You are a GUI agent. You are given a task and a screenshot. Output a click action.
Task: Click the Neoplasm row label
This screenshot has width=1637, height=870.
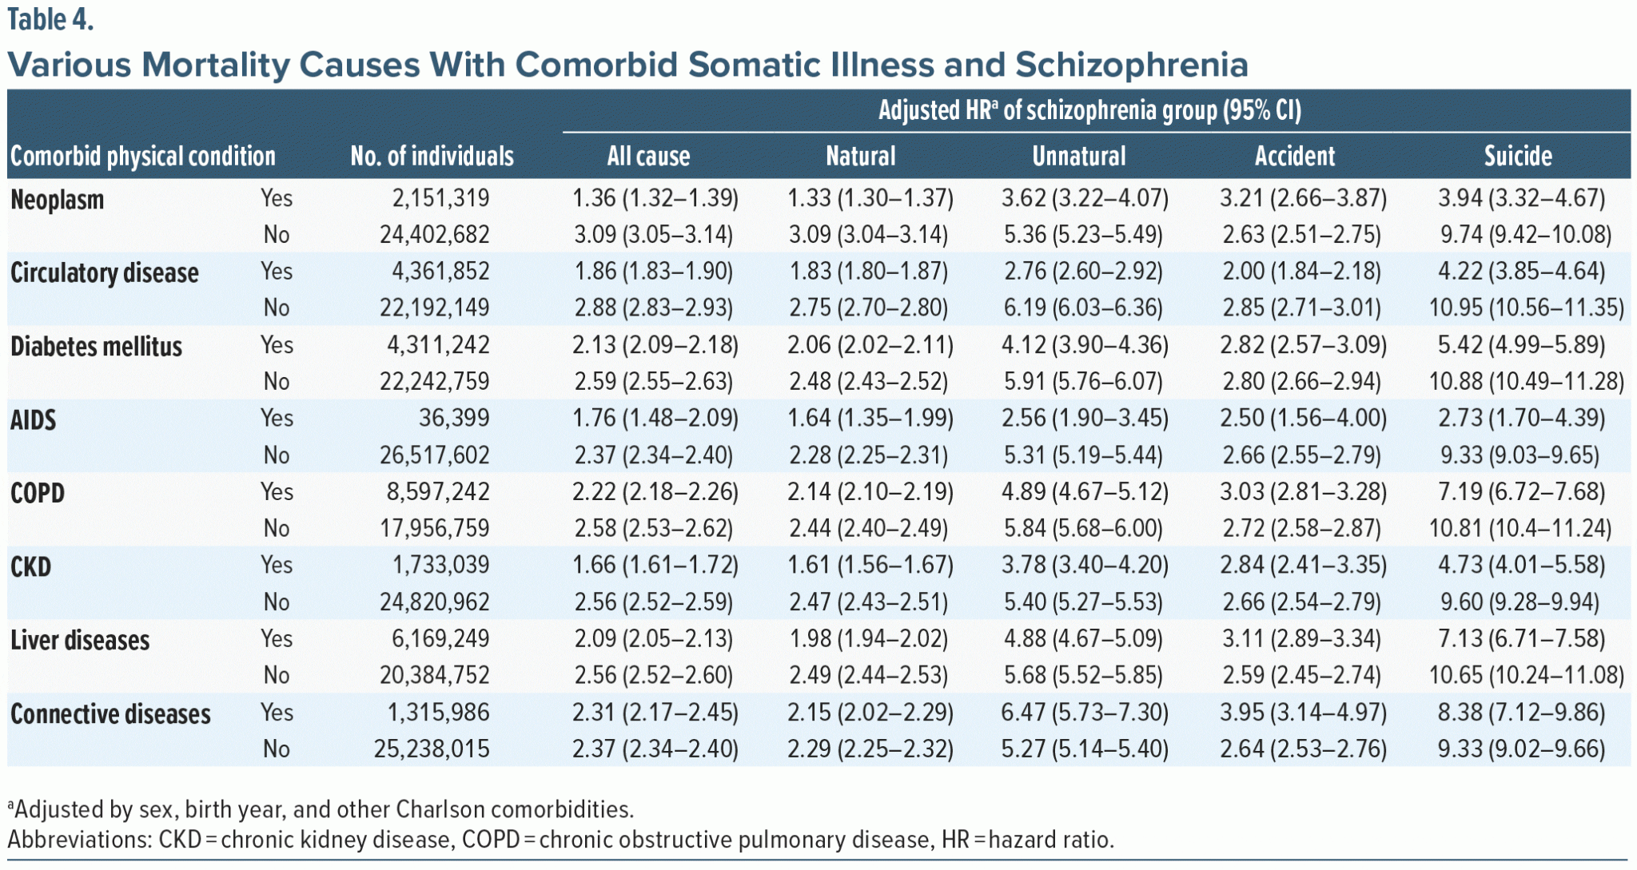58,200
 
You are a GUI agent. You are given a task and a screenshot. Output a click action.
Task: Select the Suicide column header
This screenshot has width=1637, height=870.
1518,156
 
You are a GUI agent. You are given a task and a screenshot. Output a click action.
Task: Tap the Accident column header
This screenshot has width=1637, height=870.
1294,156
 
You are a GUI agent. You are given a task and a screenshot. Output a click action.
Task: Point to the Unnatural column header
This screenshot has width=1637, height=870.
1078,156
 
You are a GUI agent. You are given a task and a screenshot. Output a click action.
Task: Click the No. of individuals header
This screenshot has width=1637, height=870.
432,156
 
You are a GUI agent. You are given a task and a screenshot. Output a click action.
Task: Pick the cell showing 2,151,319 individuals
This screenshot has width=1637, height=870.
440,198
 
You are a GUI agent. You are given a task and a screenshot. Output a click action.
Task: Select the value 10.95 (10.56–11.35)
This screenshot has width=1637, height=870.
1526,308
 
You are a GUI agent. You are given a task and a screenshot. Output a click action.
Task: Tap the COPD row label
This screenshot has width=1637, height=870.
38,493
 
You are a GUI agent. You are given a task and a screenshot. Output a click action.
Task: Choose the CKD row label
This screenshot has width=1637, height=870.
31,566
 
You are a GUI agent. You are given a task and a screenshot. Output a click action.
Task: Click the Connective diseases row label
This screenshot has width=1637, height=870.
110,713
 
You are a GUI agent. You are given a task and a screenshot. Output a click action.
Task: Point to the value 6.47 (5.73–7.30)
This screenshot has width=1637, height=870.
1085,712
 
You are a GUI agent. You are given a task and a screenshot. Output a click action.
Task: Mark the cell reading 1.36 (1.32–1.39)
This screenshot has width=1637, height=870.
655,198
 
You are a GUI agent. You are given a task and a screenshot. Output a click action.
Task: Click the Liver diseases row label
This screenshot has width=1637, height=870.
80,640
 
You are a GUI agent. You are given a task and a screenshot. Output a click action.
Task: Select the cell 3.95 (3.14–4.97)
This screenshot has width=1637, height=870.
1303,712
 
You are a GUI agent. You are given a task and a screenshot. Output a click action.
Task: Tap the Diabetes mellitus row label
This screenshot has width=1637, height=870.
96,347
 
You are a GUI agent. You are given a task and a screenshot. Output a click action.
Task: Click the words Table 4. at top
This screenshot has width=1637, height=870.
50,20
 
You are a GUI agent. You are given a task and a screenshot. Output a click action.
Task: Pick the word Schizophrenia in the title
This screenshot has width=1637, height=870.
1131,65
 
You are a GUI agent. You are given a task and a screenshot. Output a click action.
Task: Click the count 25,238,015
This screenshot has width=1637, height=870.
432,749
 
